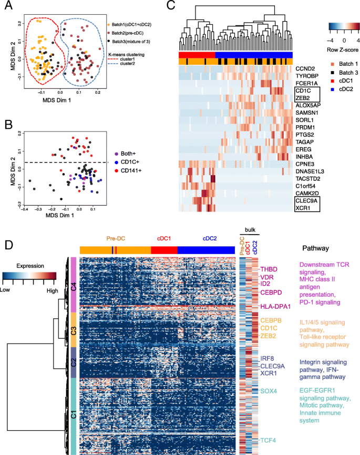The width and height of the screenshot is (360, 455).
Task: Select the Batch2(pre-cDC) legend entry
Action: [x=130, y=32]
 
